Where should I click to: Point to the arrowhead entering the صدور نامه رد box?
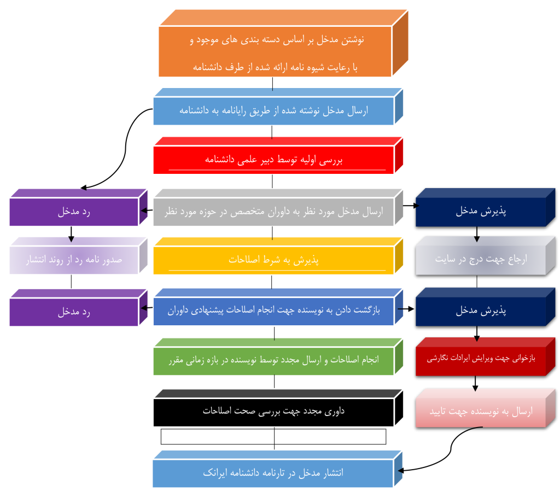71,239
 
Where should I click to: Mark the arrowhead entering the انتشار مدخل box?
400,471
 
